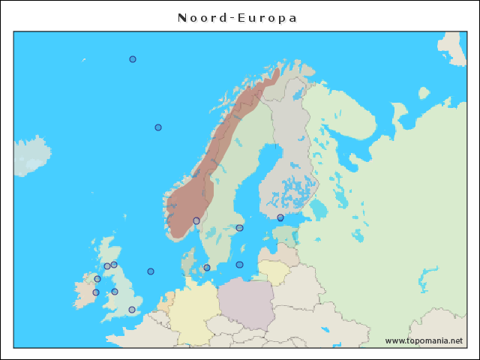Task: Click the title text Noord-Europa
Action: [238, 18]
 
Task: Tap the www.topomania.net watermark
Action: [424, 340]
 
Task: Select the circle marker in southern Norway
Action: [196, 220]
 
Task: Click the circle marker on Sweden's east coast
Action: [240, 228]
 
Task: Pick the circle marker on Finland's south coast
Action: [280, 217]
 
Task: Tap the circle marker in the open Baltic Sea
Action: [240, 265]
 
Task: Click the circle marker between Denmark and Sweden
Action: [207, 268]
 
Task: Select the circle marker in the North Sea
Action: [151, 271]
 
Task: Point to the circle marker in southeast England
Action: [132, 310]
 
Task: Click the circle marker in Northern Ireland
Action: [97, 279]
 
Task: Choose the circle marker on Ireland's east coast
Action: [96, 292]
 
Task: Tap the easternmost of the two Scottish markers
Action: [114, 265]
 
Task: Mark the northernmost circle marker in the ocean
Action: [133, 59]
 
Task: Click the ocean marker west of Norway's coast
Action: [158, 127]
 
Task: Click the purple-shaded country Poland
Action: [246, 304]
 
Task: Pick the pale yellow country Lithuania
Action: [273, 271]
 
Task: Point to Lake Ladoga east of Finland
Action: [319, 208]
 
